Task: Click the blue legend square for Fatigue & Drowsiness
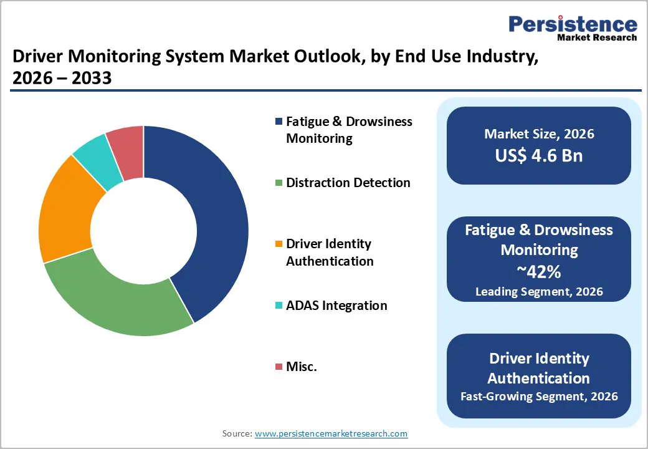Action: pos(279,121)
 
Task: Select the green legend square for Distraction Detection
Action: pos(279,183)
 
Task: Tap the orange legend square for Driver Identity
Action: pos(279,244)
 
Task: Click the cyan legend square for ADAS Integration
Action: pos(279,306)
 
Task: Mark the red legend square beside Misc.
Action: pos(279,367)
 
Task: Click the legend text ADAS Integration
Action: pos(336,306)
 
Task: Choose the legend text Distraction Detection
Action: pos(348,183)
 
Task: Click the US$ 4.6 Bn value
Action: pos(539,155)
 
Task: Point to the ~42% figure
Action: pos(539,271)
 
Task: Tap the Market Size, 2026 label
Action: pos(539,134)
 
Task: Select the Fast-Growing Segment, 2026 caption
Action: pos(539,396)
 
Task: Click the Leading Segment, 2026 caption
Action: pos(539,291)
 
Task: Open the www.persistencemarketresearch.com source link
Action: pos(331,433)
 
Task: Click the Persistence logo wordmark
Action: pos(573,24)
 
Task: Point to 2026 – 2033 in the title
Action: pos(62,79)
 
